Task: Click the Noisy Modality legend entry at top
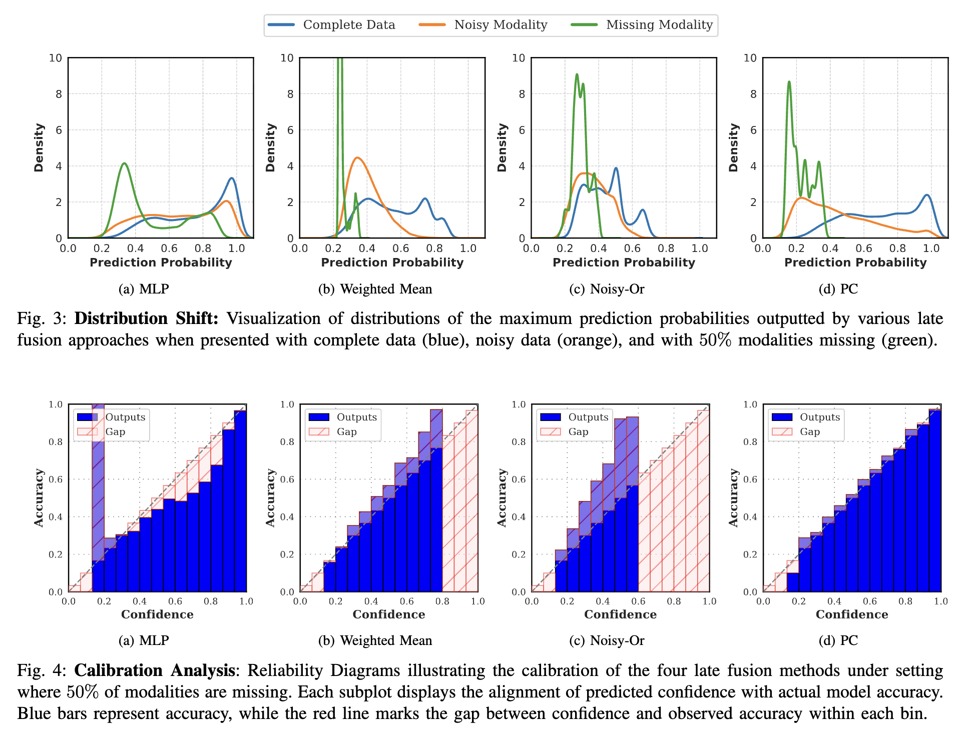pyautogui.click(x=500, y=25)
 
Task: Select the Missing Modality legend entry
pyautogui.click(x=659, y=25)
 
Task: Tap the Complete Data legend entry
pyautogui.click(x=349, y=25)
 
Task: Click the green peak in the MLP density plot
pyautogui.click(x=124, y=163)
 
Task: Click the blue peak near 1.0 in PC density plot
pyautogui.click(x=927, y=195)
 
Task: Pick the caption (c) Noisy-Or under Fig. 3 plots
pyautogui.click(x=607, y=289)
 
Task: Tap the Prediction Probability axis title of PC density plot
pyautogui.click(x=855, y=262)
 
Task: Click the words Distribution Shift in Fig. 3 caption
pyautogui.click(x=146, y=318)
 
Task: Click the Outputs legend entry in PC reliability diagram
pyautogui.click(x=819, y=417)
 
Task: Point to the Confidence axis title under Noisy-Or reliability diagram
pyautogui.click(x=620, y=614)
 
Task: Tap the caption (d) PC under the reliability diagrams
pyautogui.click(x=838, y=640)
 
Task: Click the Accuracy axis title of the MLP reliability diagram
pyautogui.click(x=39, y=497)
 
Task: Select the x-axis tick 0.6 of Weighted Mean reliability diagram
pyautogui.click(x=407, y=601)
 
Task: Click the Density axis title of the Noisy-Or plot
pyautogui.click(x=502, y=147)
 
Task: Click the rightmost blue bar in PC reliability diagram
pyautogui.click(x=935, y=500)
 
